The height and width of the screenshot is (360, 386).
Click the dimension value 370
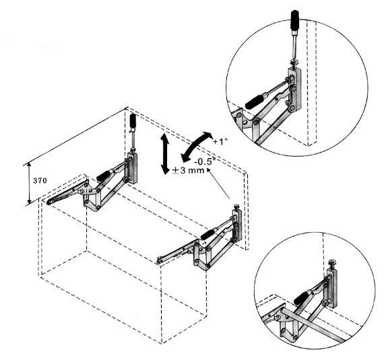click(40, 181)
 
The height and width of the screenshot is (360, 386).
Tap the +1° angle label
click(220, 141)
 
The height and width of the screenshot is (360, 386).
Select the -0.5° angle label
click(205, 161)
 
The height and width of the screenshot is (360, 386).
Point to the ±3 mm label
click(189, 170)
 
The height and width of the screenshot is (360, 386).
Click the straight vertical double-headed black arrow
click(164, 153)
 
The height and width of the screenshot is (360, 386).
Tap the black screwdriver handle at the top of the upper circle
click(295, 20)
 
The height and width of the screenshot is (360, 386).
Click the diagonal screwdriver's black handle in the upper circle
click(255, 101)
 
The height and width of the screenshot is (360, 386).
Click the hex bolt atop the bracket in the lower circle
click(332, 264)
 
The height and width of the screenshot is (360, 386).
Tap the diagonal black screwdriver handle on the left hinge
click(103, 176)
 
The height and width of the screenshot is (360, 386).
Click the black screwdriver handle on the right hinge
click(208, 234)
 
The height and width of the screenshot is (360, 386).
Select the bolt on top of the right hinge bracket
click(237, 207)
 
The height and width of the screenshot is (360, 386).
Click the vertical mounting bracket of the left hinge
click(133, 168)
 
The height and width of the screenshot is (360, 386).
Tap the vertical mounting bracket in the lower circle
click(332, 288)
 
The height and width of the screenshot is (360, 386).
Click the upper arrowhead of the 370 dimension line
click(29, 165)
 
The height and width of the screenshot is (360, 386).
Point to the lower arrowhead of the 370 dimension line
click(29, 201)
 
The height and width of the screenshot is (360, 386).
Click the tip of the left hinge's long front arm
click(49, 203)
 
